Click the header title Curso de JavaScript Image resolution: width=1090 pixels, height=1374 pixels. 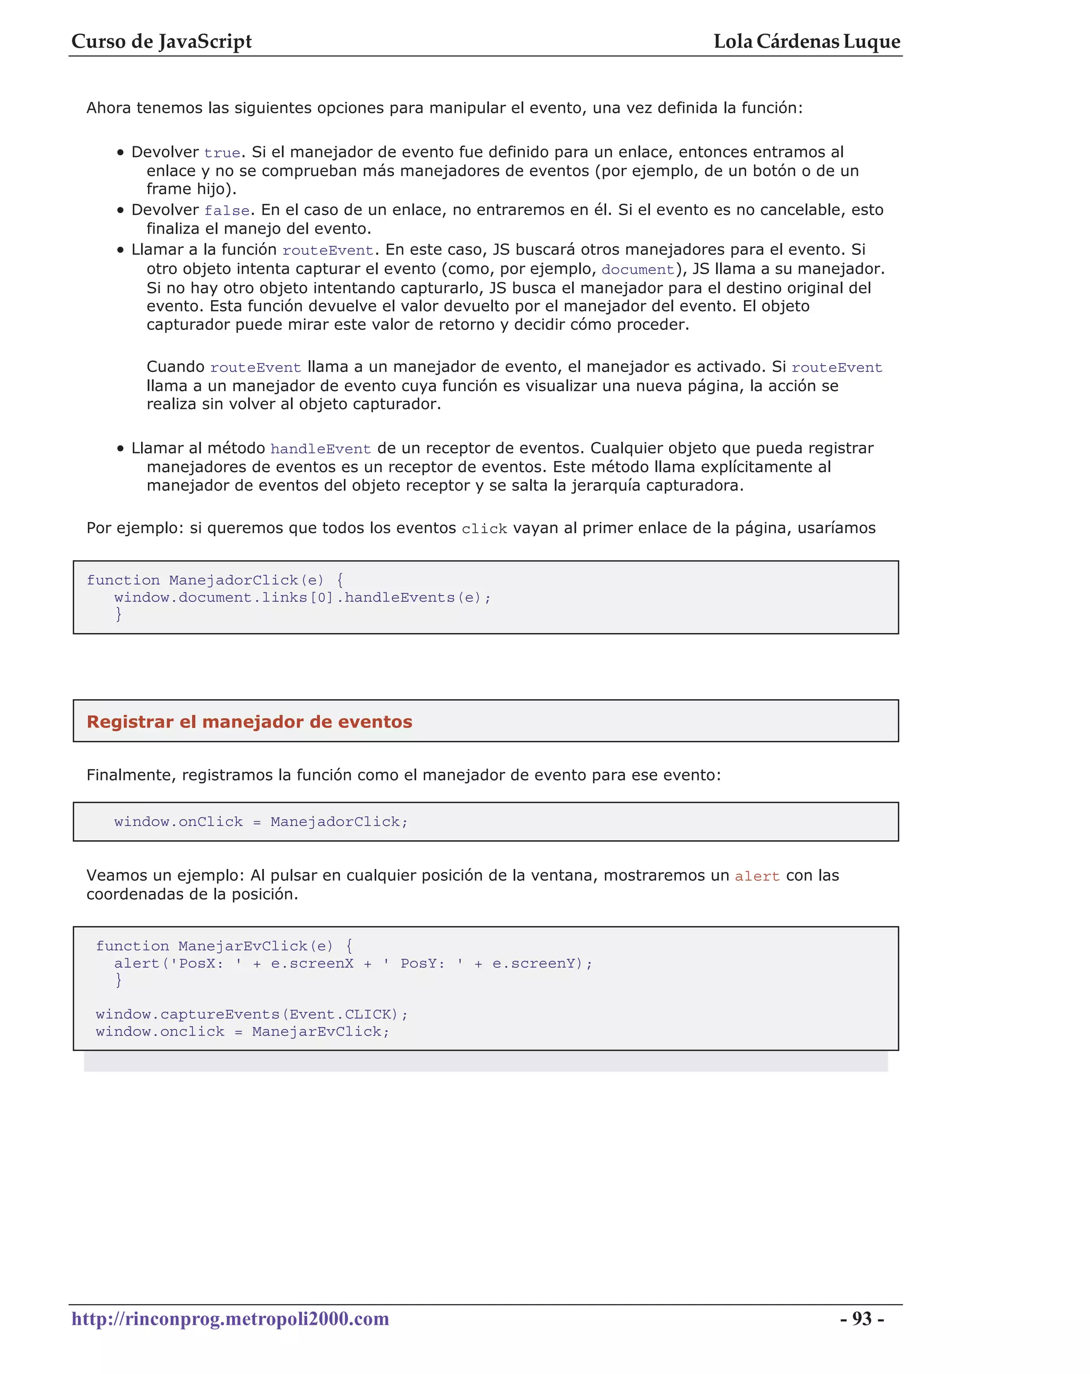[161, 42]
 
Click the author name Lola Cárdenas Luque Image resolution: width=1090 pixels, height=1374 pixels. [806, 42]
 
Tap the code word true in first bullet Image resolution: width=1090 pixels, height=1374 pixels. [222, 153]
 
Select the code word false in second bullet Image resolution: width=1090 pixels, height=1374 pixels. [226, 211]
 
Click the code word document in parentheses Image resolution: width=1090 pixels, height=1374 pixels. [638, 270]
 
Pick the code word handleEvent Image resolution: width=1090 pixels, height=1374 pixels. [320, 449]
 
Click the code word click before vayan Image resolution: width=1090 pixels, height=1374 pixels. [484, 529]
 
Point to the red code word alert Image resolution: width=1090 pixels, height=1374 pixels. [757, 876]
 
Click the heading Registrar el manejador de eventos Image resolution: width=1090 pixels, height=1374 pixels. [249, 722]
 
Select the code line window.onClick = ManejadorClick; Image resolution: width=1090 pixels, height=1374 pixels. [261, 822]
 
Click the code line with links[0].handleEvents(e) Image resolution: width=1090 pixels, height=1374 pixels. [302, 597]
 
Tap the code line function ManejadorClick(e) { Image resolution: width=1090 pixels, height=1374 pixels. [215, 580]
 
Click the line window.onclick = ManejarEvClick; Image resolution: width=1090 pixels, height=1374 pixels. [242, 1031]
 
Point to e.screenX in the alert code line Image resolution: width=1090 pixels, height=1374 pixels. [312, 963]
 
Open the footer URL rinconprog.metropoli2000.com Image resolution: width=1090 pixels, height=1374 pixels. [230, 1319]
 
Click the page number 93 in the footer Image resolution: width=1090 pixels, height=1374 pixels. [861, 1319]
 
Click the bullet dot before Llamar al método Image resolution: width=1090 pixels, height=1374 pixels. [120, 449]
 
